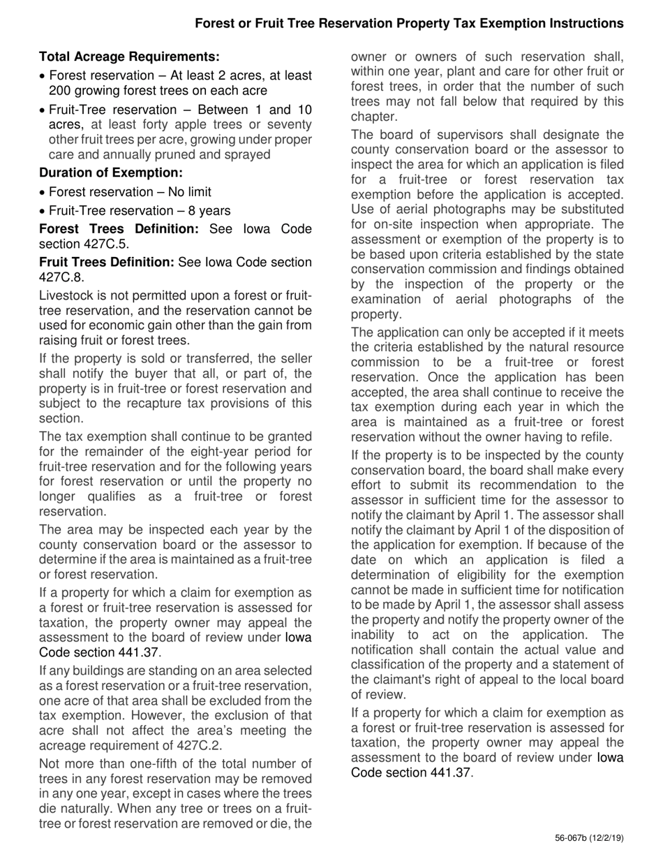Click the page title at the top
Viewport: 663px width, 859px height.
[409, 24]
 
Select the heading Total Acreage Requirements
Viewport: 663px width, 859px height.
[129, 57]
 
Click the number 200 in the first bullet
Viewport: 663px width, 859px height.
[61, 91]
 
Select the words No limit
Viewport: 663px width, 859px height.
[186, 192]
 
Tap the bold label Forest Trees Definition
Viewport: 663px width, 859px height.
[119, 229]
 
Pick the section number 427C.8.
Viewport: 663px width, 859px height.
[59, 277]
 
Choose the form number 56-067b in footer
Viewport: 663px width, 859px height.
[572, 838]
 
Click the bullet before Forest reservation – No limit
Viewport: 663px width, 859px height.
[43, 193]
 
